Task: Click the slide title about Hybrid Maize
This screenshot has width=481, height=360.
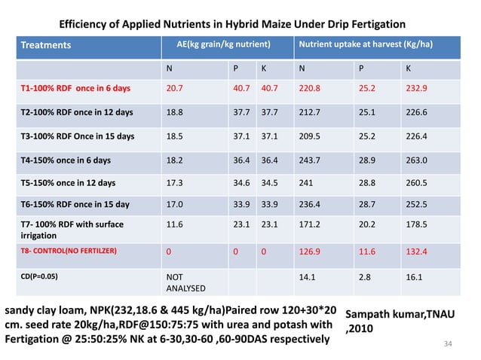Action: pyautogui.click(x=232, y=25)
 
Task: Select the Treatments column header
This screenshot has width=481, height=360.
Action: pyautogui.click(x=45, y=45)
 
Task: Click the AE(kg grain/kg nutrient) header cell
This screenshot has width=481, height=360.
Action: pyautogui.click(x=219, y=45)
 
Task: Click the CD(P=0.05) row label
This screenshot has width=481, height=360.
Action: pyautogui.click(x=38, y=276)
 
